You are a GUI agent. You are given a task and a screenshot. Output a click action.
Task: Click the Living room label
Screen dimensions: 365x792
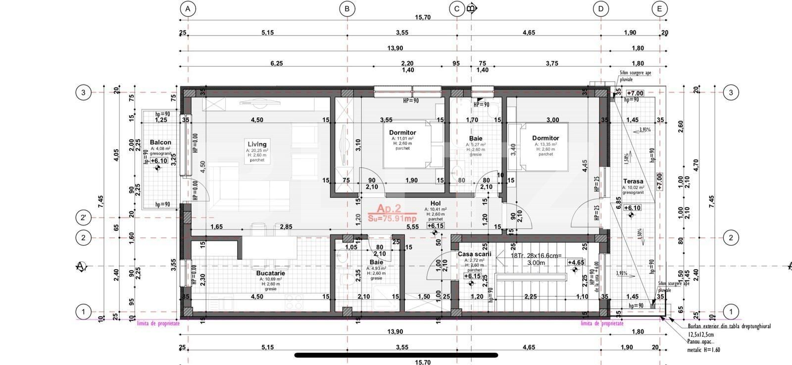[257, 144]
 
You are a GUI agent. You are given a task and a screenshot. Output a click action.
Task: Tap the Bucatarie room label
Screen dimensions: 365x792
[270, 273]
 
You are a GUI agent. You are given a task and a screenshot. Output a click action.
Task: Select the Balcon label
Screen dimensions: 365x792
[160, 142]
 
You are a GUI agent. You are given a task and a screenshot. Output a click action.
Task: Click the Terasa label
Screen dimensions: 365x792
[633, 182]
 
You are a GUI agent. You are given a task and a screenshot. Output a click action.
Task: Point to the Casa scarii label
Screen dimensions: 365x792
[474, 254]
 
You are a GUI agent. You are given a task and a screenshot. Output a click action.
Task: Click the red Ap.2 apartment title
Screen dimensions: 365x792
[389, 209]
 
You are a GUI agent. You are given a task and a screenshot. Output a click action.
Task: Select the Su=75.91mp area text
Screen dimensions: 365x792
[392, 218]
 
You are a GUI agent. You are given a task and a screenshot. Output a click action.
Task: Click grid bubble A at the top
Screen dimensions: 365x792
[187, 8]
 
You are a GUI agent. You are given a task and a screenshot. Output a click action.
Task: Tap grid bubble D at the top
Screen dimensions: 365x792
[600, 8]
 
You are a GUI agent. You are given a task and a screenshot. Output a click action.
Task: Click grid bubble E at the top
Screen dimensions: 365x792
[659, 8]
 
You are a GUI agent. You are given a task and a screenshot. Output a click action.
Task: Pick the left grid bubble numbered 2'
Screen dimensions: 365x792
[83, 218]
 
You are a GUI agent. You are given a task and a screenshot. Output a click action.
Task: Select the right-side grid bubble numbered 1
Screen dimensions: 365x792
[731, 312]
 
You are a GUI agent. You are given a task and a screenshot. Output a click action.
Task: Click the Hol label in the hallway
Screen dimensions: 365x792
[435, 203]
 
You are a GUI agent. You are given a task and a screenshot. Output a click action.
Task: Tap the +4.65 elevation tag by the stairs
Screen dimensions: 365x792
[576, 263]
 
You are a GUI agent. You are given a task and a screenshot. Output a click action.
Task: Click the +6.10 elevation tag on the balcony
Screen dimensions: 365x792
[158, 161]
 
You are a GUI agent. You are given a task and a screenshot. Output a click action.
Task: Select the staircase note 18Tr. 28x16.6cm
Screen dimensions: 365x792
[536, 256]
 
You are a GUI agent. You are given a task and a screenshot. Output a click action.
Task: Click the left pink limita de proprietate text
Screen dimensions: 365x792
[158, 323]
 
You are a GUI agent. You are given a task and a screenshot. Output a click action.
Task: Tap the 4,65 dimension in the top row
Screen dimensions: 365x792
[528, 33]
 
